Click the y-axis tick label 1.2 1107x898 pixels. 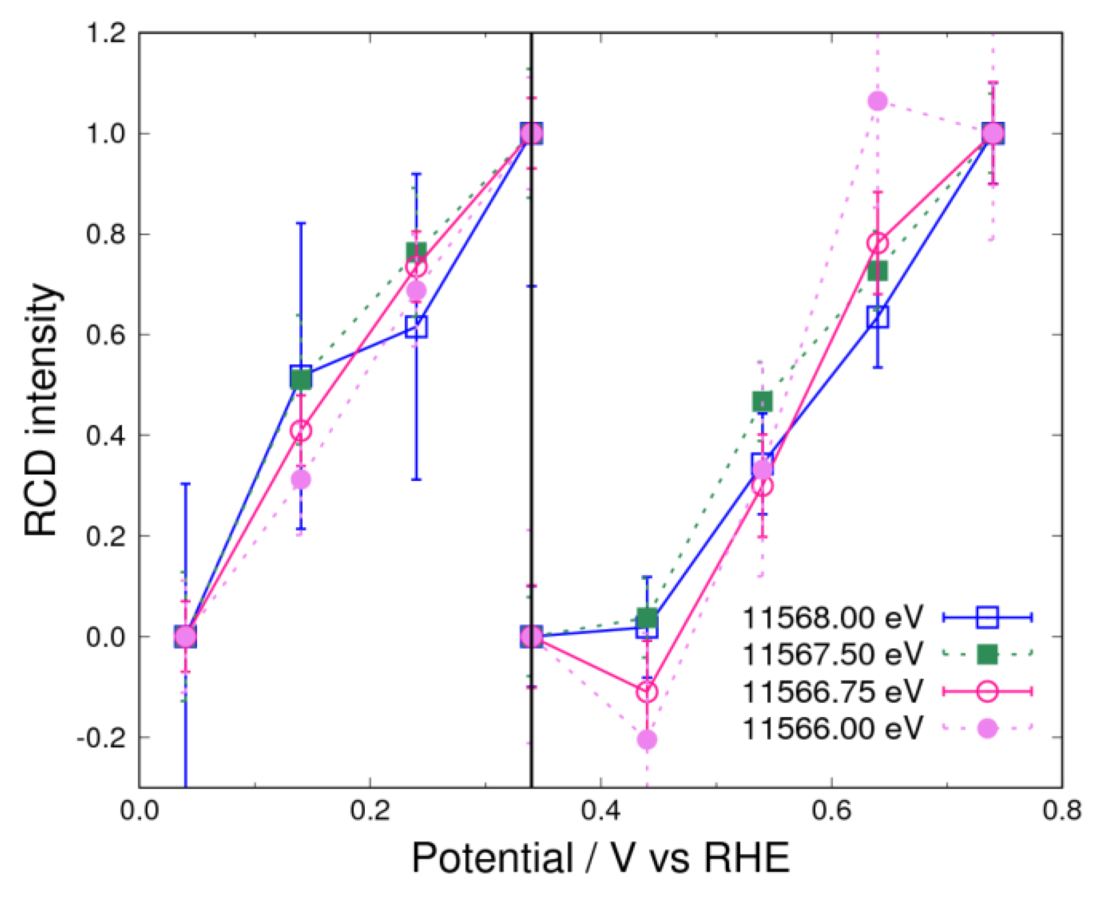(106, 33)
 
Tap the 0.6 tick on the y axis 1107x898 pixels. (106, 335)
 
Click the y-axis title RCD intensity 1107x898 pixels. (41, 409)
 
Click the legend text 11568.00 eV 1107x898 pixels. (832, 618)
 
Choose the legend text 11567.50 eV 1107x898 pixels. (832, 654)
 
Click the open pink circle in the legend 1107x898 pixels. (987, 691)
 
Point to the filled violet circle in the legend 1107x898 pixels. (987, 728)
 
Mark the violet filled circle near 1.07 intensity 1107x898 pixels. (877, 100)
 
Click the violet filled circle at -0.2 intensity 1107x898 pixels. (647, 740)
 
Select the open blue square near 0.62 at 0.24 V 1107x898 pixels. (416, 326)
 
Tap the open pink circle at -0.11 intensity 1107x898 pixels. (647, 692)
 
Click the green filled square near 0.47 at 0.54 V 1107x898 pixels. (762, 401)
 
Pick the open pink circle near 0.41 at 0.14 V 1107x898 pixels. (301, 430)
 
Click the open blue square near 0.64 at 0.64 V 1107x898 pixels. (877, 317)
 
